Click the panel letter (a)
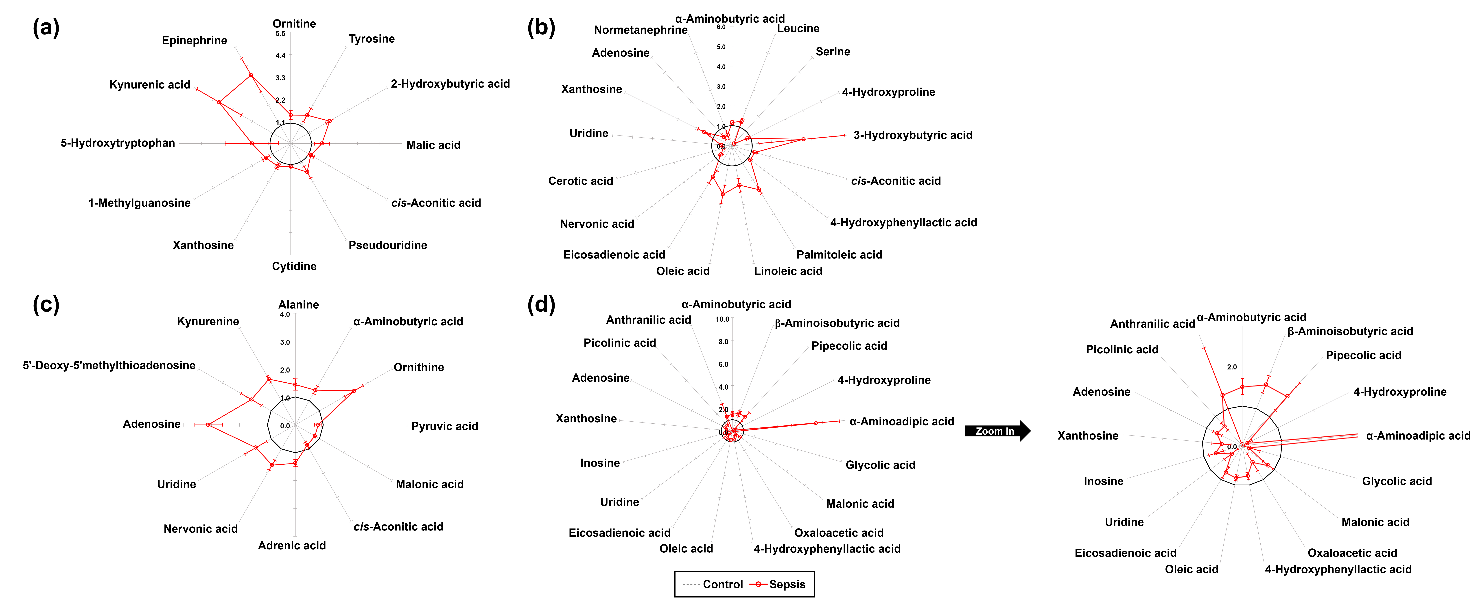point(46,28)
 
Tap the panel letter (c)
point(46,305)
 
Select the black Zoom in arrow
point(997,431)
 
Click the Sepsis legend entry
point(780,584)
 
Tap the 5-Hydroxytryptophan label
point(118,143)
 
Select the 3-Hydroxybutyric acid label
point(912,135)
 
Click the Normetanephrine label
point(640,30)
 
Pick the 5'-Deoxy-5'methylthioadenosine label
point(109,365)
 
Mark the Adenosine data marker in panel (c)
point(208,425)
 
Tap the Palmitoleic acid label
point(839,254)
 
